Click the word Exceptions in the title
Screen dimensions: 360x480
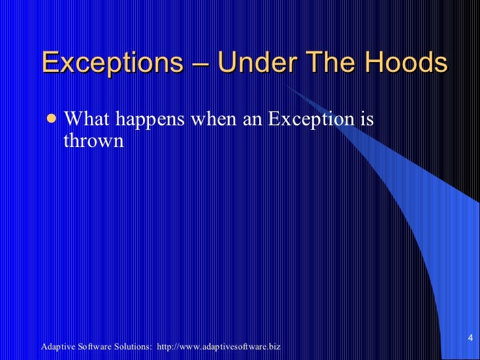click(111, 63)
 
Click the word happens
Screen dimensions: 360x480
click(152, 121)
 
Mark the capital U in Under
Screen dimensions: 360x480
click(226, 63)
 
